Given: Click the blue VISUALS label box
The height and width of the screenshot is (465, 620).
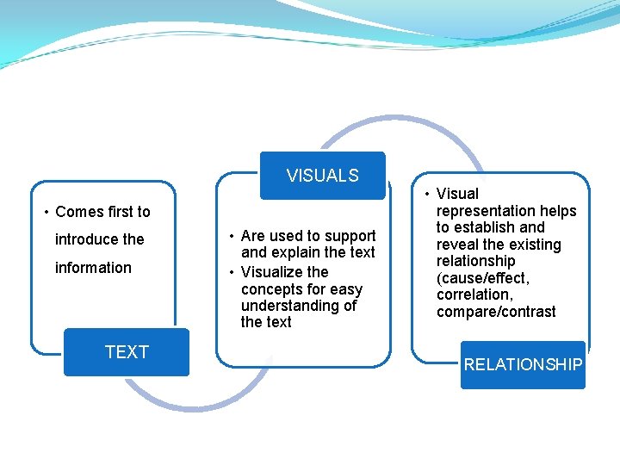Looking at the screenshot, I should (x=322, y=176).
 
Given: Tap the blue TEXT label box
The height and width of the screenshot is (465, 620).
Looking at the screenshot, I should (x=127, y=351).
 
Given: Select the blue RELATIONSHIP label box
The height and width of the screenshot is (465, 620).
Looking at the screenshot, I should (x=523, y=364).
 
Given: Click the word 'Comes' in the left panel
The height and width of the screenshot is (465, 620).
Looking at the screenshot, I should (x=77, y=212).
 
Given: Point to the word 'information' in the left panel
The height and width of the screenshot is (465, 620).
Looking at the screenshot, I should (x=93, y=268).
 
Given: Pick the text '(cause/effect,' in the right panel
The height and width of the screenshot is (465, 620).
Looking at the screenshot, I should (x=482, y=278).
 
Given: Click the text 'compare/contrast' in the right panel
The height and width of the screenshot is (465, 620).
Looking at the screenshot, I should (x=496, y=312).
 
